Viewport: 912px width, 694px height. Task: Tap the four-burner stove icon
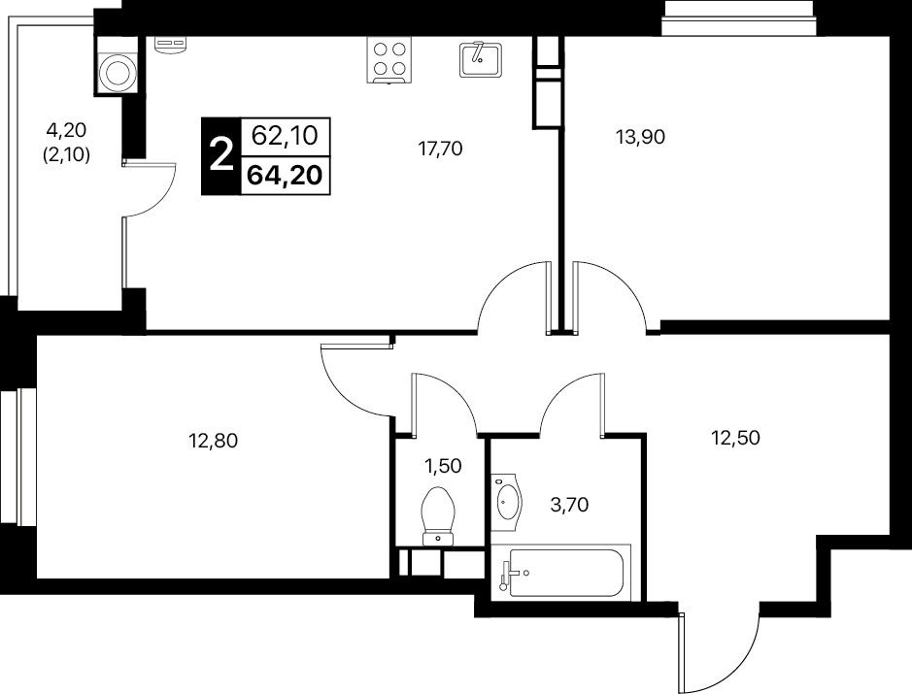pyautogui.click(x=389, y=60)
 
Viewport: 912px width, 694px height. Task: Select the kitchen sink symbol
pyautogui.click(x=481, y=59)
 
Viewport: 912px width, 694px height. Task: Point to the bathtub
pyautogui.click(x=560, y=573)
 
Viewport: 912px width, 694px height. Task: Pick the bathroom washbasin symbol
pyautogui.click(x=507, y=501)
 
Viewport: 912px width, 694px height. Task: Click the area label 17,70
pyautogui.click(x=440, y=149)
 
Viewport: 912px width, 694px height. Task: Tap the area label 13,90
pyautogui.click(x=640, y=137)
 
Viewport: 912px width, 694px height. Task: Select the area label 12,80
pyautogui.click(x=214, y=442)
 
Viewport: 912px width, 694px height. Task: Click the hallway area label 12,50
pyautogui.click(x=736, y=437)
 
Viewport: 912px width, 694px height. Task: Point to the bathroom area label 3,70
pyautogui.click(x=569, y=505)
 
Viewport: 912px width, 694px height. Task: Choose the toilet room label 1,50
pyautogui.click(x=443, y=466)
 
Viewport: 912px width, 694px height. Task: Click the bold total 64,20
pyautogui.click(x=285, y=175)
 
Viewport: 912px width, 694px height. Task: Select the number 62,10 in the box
pyautogui.click(x=285, y=136)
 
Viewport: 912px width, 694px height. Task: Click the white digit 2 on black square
pyautogui.click(x=220, y=155)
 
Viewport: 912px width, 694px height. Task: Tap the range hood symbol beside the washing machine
pyautogui.click(x=170, y=45)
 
